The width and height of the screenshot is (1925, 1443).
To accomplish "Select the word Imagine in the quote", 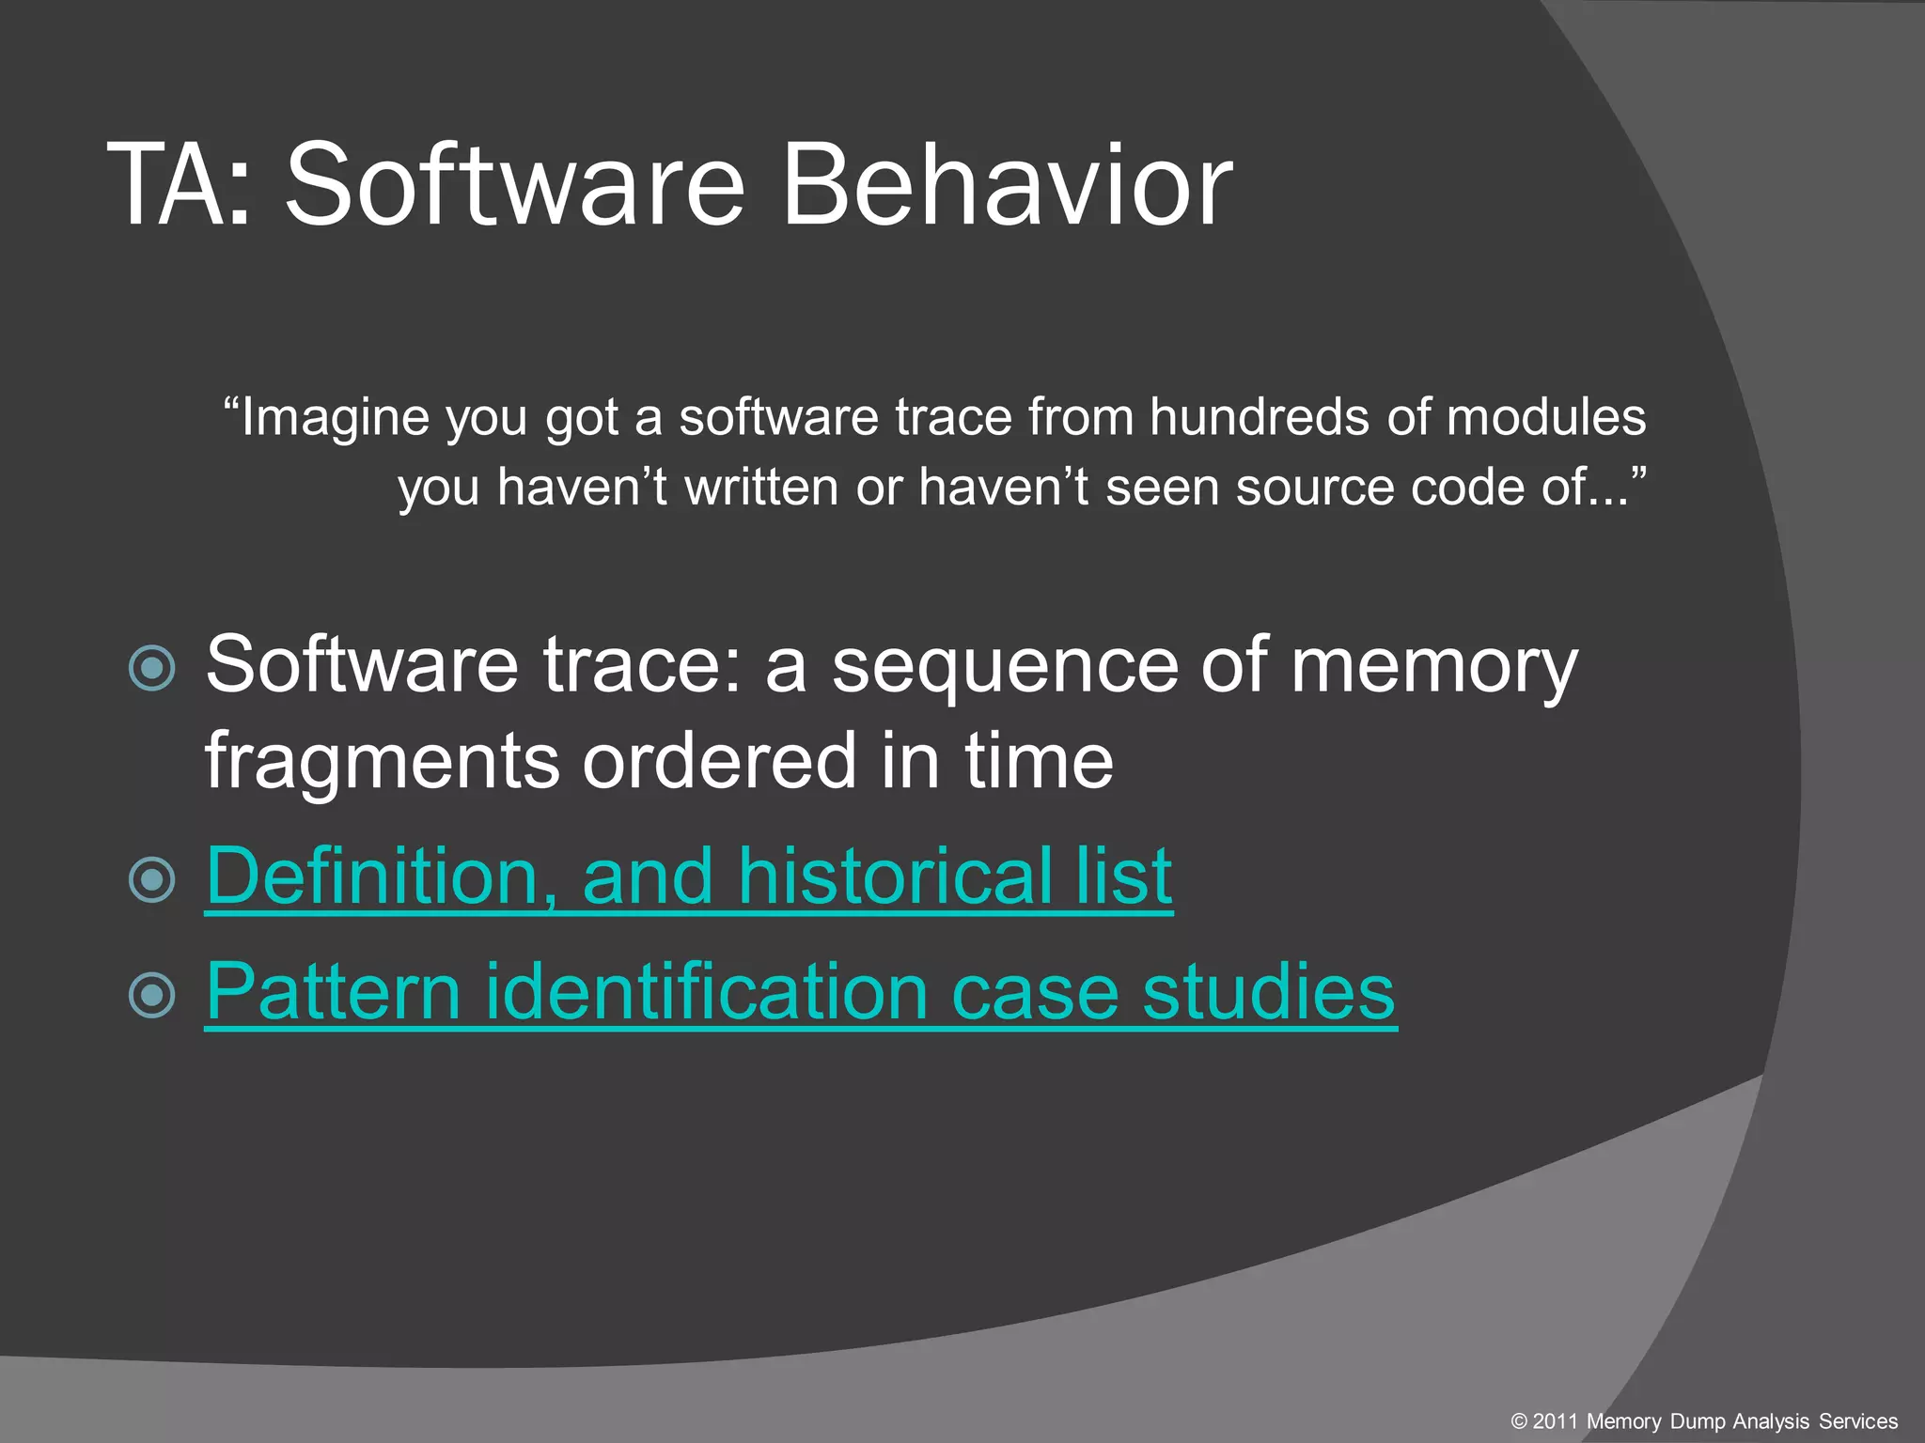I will click(x=335, y=417).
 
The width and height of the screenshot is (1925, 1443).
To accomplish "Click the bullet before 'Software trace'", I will click(x=152, y=669).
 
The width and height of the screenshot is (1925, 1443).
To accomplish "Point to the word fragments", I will click(x=382, y=761).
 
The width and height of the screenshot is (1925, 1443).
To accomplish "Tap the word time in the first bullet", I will click(x=1038, y=761).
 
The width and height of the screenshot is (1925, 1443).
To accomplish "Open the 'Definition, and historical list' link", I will click(x=688, y=876).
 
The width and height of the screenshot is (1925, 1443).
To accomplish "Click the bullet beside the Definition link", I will click(x=152, y=880).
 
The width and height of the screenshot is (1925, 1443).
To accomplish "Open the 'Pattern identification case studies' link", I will click(x=800, y=992).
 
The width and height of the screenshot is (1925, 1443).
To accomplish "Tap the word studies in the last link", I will click(x=1268, y=992).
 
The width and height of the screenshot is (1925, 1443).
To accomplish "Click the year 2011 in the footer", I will click(x=1556, y=1421).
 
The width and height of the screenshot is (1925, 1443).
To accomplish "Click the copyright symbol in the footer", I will click(x=1519, y=1421).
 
